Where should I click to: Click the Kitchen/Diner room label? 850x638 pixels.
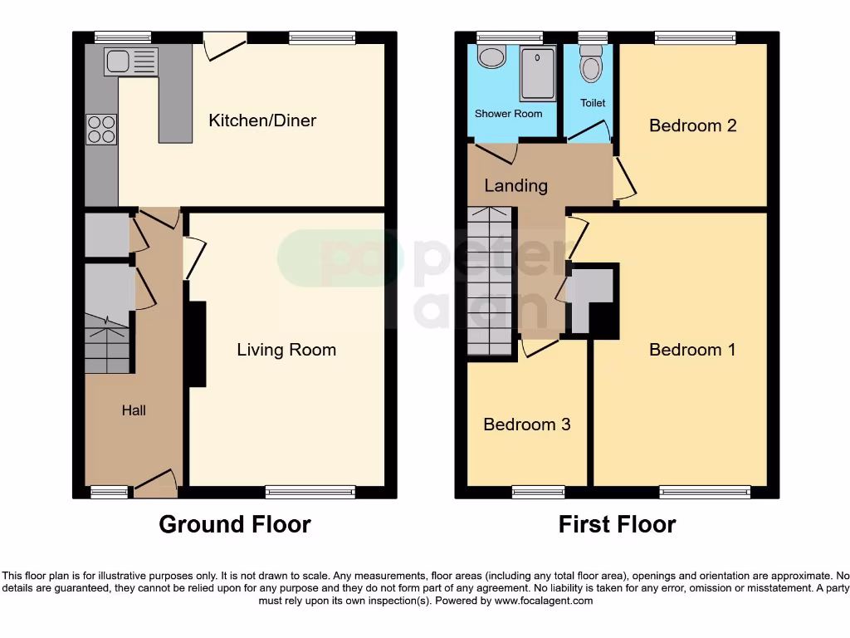pyautogui.click(x=261, y=120)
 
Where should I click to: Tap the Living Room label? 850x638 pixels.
pyautogui.click(x=286, y=350)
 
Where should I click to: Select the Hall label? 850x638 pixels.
pyautogui.click(x=134, y=410)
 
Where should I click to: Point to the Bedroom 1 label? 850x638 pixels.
pyautogui.click(x=692, y=350)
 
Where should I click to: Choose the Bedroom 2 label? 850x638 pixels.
pyautogui.click(x=692, y=125)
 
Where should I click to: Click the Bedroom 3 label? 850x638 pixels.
pyautogui.click(x=526, y=425)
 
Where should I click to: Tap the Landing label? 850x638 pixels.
pyautogui.click(x=515, y=185)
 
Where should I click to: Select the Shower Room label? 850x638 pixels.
pyautogui.click(x=508, y=114)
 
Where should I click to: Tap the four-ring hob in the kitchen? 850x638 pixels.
pyautogui.click(x=101, y=128)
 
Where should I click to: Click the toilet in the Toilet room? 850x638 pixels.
pyautogui.click(x=591, y=64)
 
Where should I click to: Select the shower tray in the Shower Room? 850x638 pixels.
pyautogui.click(x=538, y=73)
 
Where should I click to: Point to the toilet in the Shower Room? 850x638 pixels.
pyautogui.click(x=494, y=56)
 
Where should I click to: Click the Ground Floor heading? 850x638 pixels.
pyautogui.click(x=234, y=524)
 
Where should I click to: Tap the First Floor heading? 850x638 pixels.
pyautogui.click(x=617, y=524)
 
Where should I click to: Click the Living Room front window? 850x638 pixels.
pyautogui.click(x=310, y=492)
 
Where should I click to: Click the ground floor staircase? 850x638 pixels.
pyautogui.click(x=107, y=345)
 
